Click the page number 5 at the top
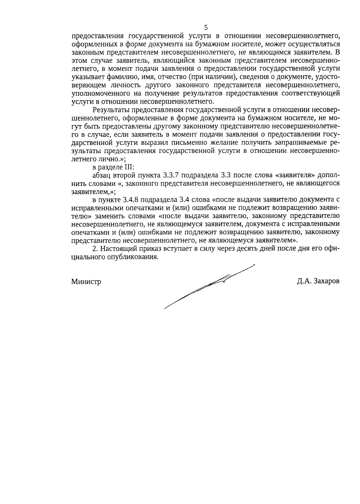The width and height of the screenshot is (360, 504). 206,28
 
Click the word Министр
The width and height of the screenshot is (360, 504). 86,282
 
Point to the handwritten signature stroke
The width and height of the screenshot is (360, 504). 210,285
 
